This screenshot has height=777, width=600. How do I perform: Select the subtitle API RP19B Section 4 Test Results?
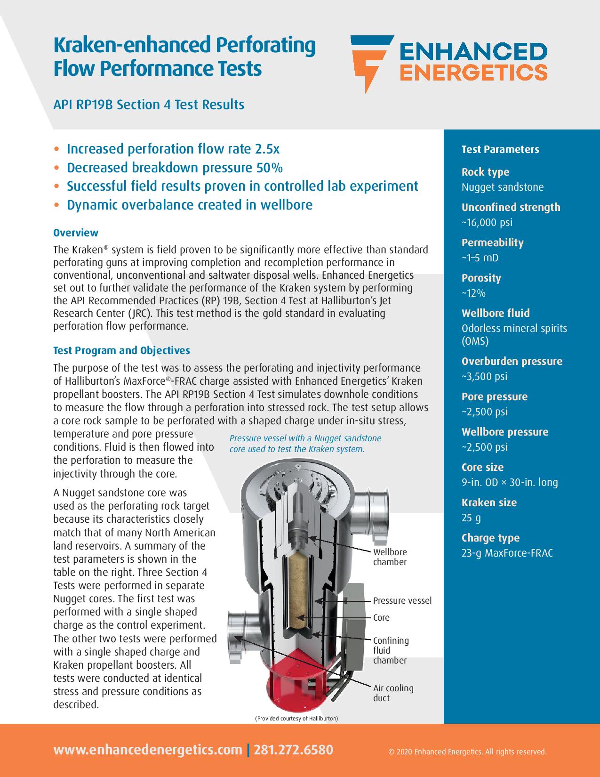pos(149,104)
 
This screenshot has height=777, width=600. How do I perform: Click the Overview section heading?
pos(76,233)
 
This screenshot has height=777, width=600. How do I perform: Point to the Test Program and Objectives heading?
pos(121,350)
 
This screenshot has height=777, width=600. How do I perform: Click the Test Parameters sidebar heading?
pos(500,149)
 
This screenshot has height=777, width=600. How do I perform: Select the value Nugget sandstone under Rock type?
pos(502,187)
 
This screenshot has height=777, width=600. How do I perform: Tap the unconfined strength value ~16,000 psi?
pos(487,222)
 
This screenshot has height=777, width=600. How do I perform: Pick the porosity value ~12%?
pos(473,293)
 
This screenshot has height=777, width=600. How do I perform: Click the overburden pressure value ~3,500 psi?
pos(484,376)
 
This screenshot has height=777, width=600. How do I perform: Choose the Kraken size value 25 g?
pos(471,518)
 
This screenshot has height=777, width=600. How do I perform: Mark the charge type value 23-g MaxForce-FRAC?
pos(507,553)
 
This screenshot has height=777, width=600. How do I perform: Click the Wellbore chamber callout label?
pos(390,557)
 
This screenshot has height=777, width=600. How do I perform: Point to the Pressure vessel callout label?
pos(402,600)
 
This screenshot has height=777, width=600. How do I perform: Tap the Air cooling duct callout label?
pos(393,693)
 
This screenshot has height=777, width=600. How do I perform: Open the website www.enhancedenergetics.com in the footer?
pos(148,750)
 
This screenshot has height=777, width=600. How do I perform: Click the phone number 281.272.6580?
pos(293,750)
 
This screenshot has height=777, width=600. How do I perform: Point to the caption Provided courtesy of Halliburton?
pos(296,719)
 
